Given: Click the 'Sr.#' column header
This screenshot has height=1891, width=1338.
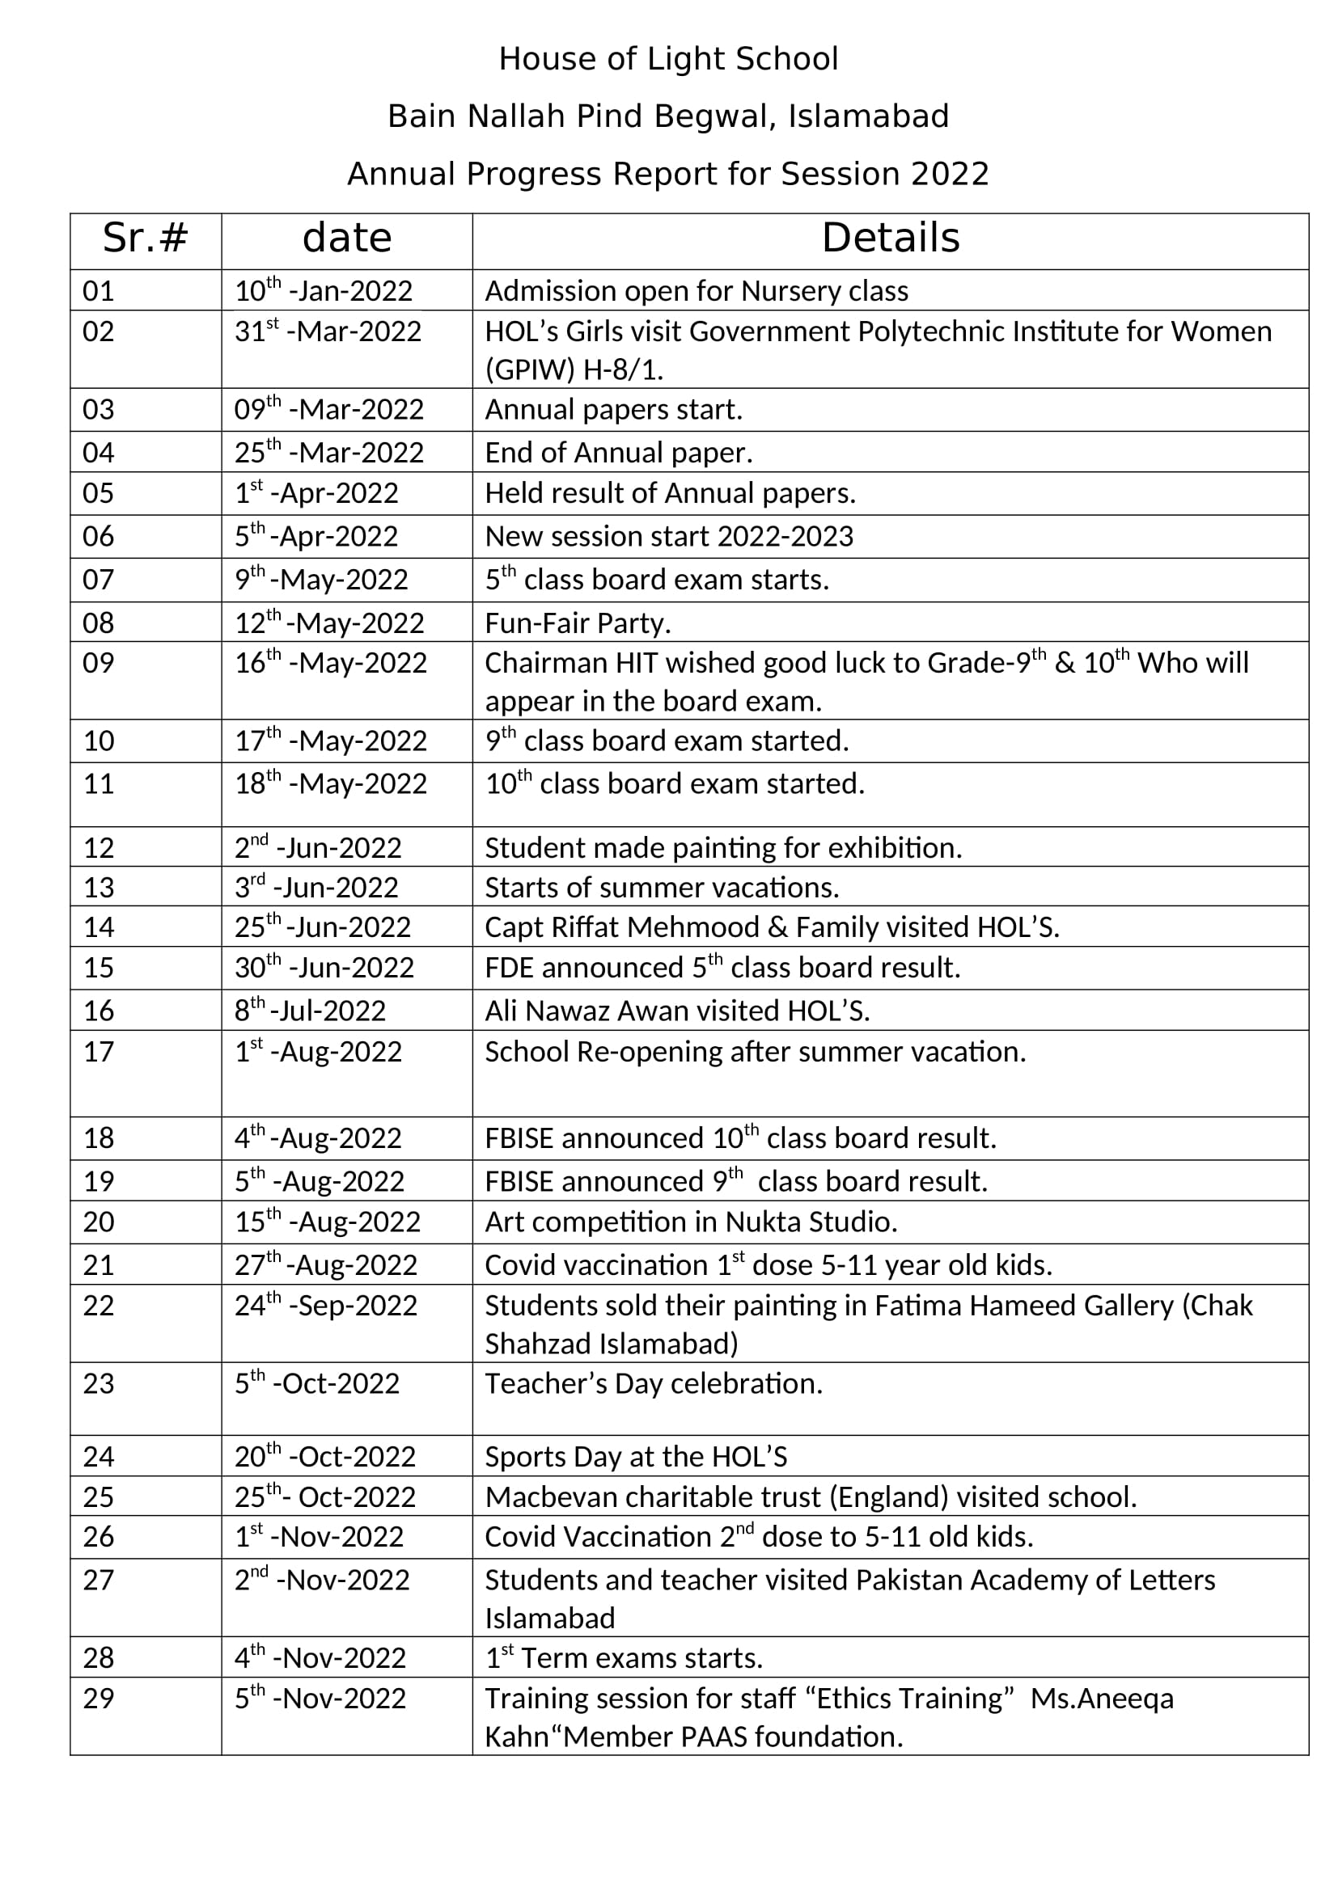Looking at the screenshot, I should [145, 238].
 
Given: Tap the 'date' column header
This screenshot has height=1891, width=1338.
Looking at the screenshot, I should [347, 238].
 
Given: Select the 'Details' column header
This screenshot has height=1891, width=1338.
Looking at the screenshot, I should [890, 238].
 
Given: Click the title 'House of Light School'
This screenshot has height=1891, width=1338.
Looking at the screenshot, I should [668, 59].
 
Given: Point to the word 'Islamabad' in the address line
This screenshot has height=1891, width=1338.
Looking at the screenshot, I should [868, 117].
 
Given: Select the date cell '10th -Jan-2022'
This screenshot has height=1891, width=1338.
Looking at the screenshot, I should [323, 291].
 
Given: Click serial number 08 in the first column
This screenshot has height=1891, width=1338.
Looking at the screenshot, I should [98, 623].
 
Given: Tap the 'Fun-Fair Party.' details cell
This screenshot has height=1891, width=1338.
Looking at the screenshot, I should [578, 623].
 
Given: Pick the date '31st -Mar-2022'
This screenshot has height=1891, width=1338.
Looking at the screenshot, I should [327, 331].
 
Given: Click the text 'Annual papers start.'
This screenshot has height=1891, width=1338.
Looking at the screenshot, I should [614, 409].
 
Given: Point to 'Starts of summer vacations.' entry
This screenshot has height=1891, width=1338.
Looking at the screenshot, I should [662, 887].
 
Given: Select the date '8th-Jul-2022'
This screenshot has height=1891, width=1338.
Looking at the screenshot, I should [310, 1010].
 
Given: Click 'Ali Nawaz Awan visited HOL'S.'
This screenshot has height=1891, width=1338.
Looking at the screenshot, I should [677, 1010].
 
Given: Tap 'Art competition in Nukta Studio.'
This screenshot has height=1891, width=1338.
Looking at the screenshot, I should [690, 1222].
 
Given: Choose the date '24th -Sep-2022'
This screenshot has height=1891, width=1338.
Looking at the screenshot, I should [325, 1306].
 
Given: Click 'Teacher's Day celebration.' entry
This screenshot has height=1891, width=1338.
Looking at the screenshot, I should [654, 1383].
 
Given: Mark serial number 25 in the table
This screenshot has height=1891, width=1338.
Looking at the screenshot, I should [98, 1496].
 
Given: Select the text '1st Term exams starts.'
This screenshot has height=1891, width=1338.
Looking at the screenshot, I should [624, 1658].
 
